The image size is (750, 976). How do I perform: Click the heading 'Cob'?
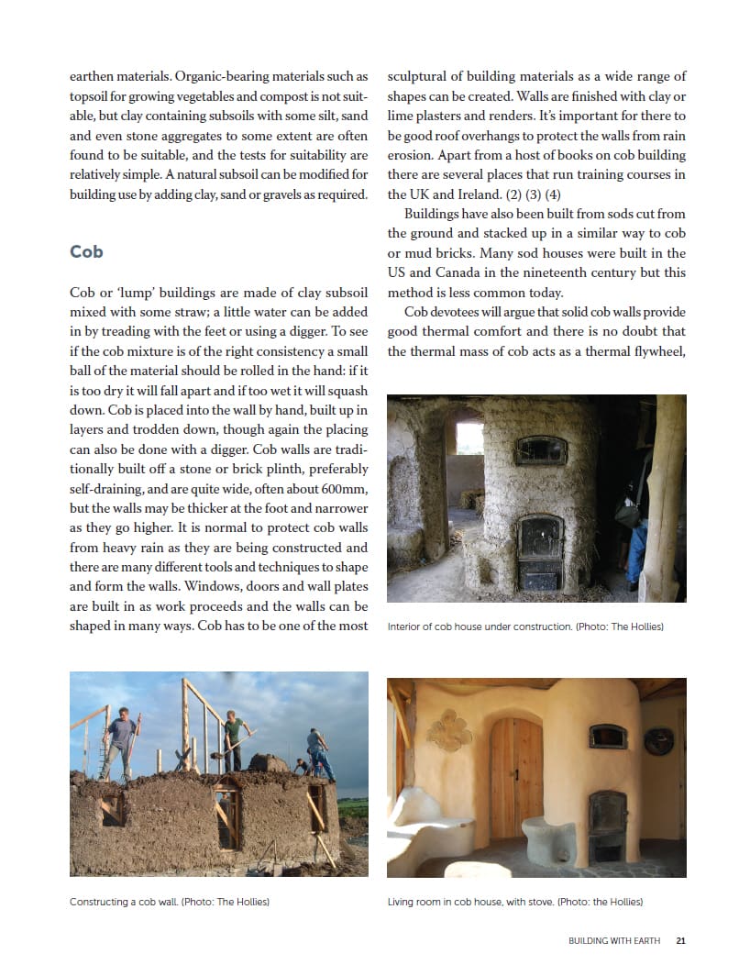coord(86,251)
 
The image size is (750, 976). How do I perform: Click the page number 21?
coord(680,940)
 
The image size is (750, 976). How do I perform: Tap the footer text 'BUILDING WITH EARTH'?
coord(613,940)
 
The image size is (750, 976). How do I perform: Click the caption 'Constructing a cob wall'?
coord(124,902)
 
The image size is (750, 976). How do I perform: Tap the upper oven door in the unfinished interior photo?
coord(542,449)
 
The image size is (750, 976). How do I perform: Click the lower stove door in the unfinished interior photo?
coord(540,541)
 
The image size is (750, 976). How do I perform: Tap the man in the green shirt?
coord(236,741)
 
